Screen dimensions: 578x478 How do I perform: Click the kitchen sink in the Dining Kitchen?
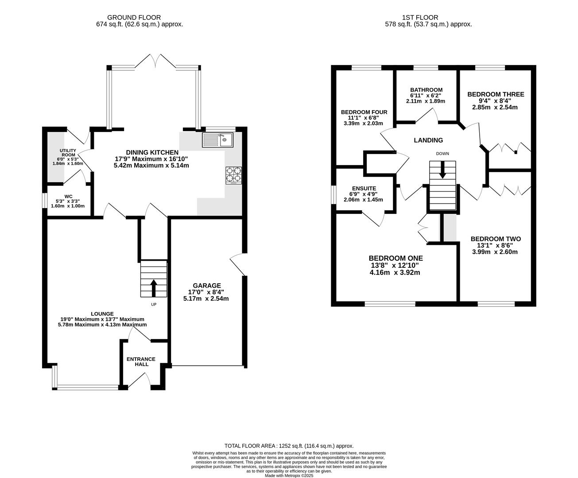[217, 140]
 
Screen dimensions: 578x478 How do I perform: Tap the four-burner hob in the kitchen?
[233, 175]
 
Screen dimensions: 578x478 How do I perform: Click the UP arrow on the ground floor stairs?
[154, 288]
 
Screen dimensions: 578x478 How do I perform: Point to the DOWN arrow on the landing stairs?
[442, 169]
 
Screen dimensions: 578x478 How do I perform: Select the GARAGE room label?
[207, 285]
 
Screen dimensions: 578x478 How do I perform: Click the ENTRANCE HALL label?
[141, 362]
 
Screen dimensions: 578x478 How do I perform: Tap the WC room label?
[68, 197]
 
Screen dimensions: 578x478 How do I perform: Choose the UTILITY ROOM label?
[68, 153]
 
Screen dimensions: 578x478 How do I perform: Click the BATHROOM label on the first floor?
[426, 90]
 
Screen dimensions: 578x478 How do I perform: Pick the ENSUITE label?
[364, 189]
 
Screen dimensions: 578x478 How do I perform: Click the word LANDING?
[428, 140]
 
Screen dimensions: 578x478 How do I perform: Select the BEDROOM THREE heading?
[496, 94]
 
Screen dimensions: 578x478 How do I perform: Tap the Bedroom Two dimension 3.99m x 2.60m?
[495, 252]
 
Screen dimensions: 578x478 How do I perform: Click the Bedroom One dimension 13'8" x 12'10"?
[395, 265]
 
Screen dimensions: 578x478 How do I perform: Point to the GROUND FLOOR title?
[134, 17]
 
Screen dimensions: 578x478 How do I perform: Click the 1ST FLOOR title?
[420, 17]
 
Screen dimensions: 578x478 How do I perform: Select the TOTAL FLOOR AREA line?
[289, 446]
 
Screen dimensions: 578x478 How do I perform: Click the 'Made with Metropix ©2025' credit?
[289, 476]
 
